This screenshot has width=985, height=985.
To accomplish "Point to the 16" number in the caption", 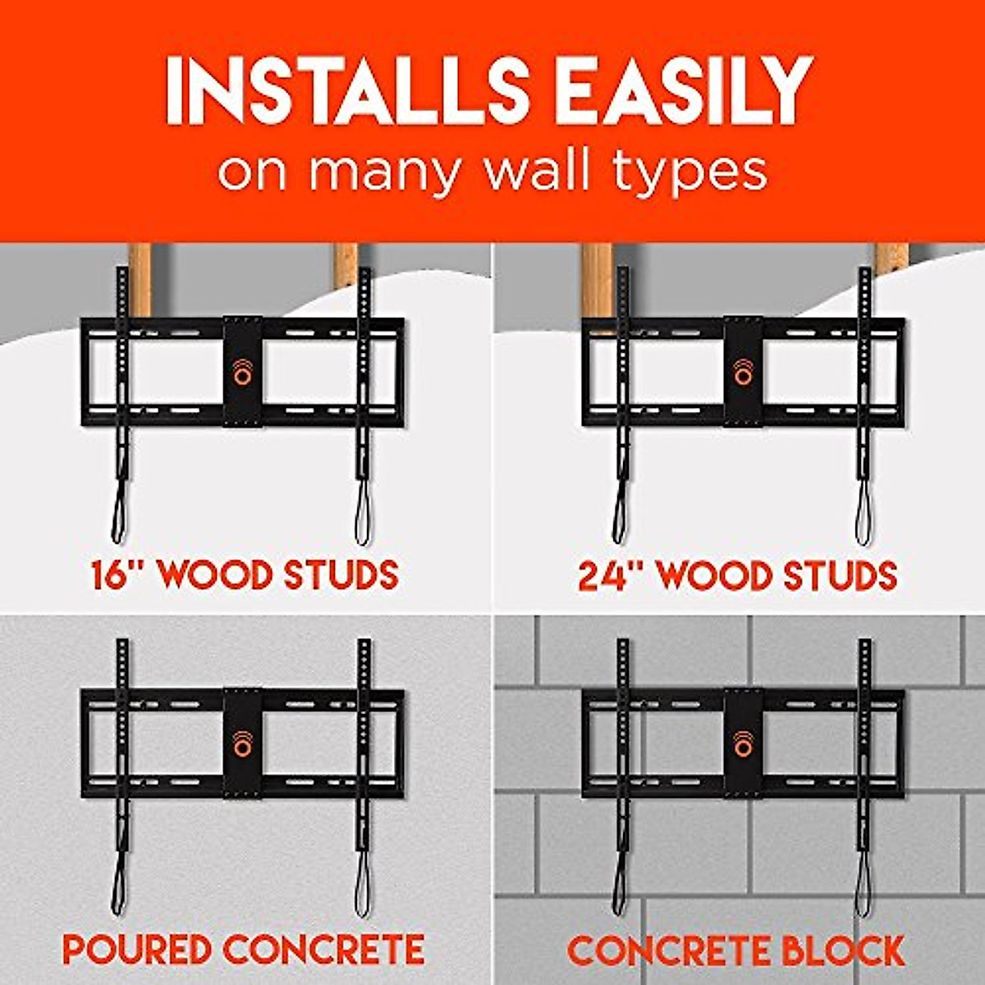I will coord(117,575).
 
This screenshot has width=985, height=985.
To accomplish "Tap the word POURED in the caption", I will coord(136,950).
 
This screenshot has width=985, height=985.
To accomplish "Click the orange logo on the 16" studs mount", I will coord(243,372).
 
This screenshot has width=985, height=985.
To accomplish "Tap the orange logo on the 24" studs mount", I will coord(744,372).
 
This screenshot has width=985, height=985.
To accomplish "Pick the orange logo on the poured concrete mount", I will coord(243,743).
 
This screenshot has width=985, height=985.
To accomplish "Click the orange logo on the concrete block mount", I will coord(744,743).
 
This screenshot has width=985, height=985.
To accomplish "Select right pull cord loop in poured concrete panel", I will coord(362,891).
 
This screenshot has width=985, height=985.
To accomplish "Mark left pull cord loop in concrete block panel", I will coord(620,891).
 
